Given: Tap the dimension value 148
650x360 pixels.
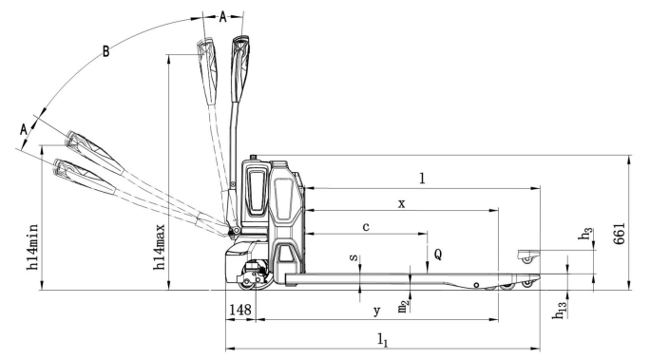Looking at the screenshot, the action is tap(240, 310).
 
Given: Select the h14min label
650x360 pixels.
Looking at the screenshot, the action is tap(32, 247).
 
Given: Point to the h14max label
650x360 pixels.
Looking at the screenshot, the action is tap(160, 247).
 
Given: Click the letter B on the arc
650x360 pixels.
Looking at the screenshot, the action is tap(106, 52).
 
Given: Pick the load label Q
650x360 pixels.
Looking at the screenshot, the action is tap(438, 255).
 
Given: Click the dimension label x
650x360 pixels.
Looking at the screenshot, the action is tap(401, 204).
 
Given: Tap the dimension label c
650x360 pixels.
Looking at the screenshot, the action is tap(366, 227).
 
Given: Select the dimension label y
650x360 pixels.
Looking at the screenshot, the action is tap(376, 311).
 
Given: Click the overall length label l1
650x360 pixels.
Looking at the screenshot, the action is tap(383, 340).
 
